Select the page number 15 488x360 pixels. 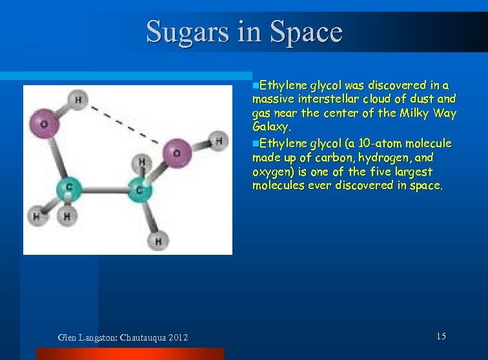441,336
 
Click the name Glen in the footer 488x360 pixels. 68,337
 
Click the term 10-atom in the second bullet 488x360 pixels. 381,143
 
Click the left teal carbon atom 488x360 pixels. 69,188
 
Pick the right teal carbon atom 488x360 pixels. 139,190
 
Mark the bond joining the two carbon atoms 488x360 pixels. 104,189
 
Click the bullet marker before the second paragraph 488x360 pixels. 255,143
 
